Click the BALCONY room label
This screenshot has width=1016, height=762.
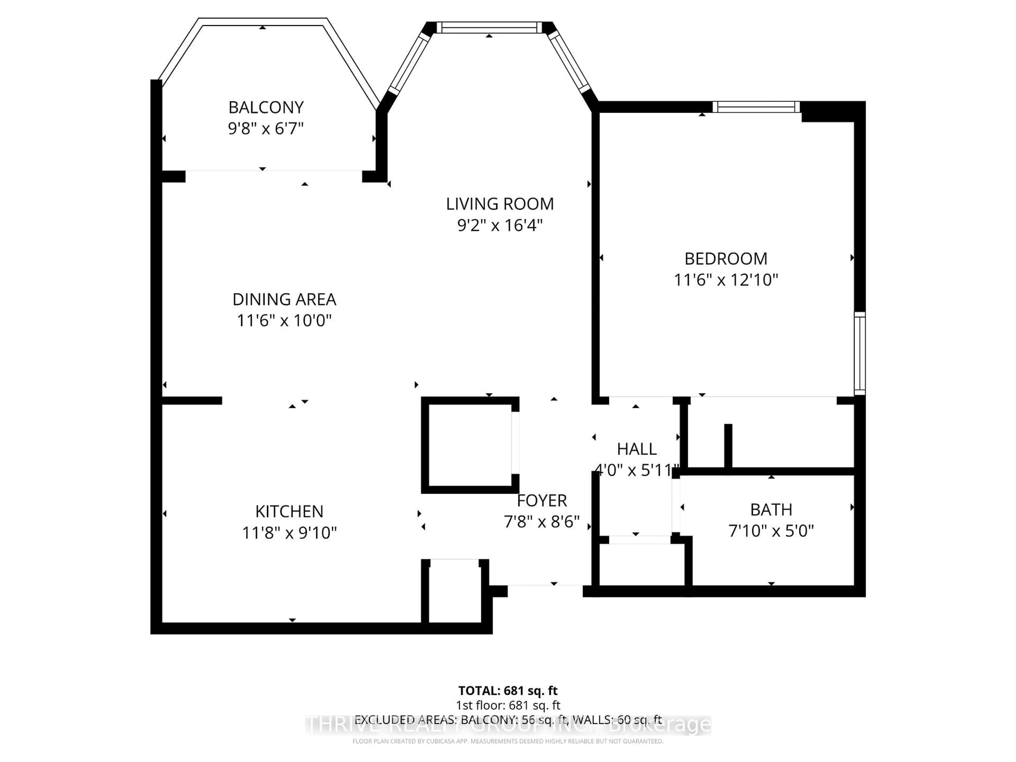coord(266,107)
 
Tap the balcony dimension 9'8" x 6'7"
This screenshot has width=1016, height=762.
coord(266,128)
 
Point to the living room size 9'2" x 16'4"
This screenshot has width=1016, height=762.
coord(500,225)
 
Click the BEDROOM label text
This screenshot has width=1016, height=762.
coord(726,258)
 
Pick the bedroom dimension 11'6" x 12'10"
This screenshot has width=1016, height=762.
coord(726,280)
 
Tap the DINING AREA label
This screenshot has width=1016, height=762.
coord(284,300)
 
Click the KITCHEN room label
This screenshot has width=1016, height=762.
coord(289,511)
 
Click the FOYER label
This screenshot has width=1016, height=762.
coord(542,500)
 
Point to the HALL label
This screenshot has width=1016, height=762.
coord(637,449)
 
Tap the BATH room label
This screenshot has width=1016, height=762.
coord(771,509)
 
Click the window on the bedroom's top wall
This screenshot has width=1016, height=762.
coord(756,107)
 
